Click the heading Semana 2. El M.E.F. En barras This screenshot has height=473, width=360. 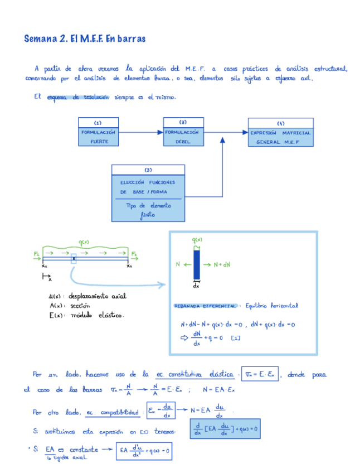(x=85, y=39)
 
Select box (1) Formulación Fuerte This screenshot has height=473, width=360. (x=99, y=132)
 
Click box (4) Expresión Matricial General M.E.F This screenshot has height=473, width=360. (x=280, y=133)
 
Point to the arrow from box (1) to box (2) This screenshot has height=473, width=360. (x=140, y=133)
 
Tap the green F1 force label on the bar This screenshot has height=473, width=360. (x=36, y=254)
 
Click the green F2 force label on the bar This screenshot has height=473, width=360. (x=134, y=254)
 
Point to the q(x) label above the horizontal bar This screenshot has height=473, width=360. (x=84, y=242)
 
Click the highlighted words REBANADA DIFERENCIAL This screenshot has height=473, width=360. (x=206, y=306)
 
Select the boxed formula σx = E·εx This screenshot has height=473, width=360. (x=261, y=375)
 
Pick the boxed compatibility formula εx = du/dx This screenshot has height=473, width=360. (x=158, y=412)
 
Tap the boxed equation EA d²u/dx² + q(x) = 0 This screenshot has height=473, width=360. (x=143, y=451)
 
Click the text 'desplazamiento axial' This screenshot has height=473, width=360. (x=100, y=296)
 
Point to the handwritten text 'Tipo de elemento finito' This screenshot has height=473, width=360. (x=147, y=210)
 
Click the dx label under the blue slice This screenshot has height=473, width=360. (x=196, y=286)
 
